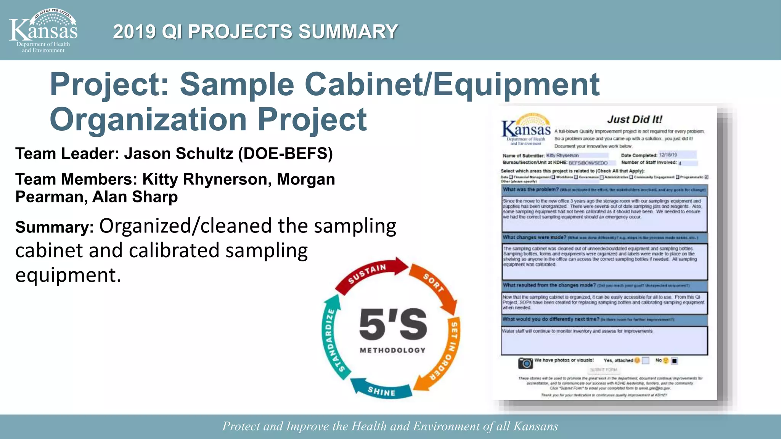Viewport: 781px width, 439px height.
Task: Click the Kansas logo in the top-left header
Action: point(43,30)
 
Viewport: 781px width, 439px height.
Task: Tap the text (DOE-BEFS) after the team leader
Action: point(285,154)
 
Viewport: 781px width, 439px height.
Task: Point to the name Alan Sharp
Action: point(135,197)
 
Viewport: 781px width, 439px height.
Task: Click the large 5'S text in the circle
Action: point(393,325)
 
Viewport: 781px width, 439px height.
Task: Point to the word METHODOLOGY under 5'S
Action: point(393,350)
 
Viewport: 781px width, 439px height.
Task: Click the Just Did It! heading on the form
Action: point(635,119)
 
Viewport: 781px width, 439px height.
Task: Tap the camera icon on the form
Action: point(525,363)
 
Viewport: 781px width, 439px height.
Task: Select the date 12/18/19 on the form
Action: point(668,155)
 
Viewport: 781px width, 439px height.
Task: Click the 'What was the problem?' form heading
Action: point(530,189)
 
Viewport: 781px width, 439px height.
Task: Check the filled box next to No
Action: point(674,361)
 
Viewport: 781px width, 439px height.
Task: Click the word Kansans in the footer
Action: point(535,426)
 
